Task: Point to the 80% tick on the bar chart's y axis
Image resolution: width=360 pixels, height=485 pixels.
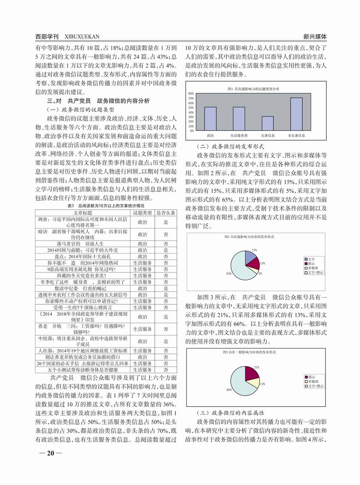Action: click(191, 94)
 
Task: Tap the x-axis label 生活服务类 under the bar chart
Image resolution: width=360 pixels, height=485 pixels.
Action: click(239, 136)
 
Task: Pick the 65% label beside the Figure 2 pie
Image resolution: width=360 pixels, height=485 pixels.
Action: click(229, 273)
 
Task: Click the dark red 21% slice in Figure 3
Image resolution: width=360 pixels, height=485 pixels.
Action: click(252, 373)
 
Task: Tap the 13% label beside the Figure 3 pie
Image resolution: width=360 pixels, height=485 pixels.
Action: click(262, 384)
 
